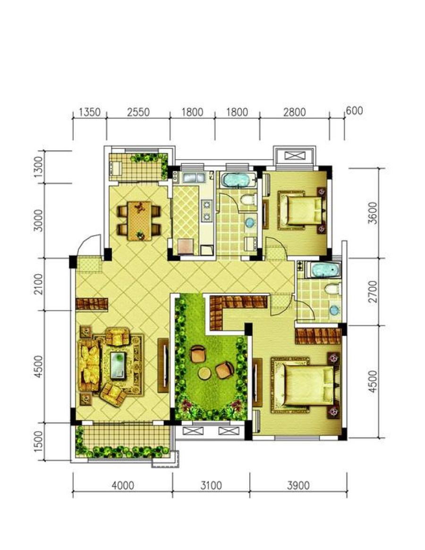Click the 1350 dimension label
coord(90,112)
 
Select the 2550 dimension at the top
coord(138,112)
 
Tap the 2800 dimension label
coord(295,112)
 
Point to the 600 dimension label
coord(354,111)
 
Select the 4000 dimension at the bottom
coord(123,485)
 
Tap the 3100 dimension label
coord(211,485)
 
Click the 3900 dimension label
coord(298,485)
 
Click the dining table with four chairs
coord(139,221)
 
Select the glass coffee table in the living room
coord(118,366)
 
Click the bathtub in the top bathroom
coord(236,180)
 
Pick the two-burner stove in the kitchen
coord(207,210)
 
